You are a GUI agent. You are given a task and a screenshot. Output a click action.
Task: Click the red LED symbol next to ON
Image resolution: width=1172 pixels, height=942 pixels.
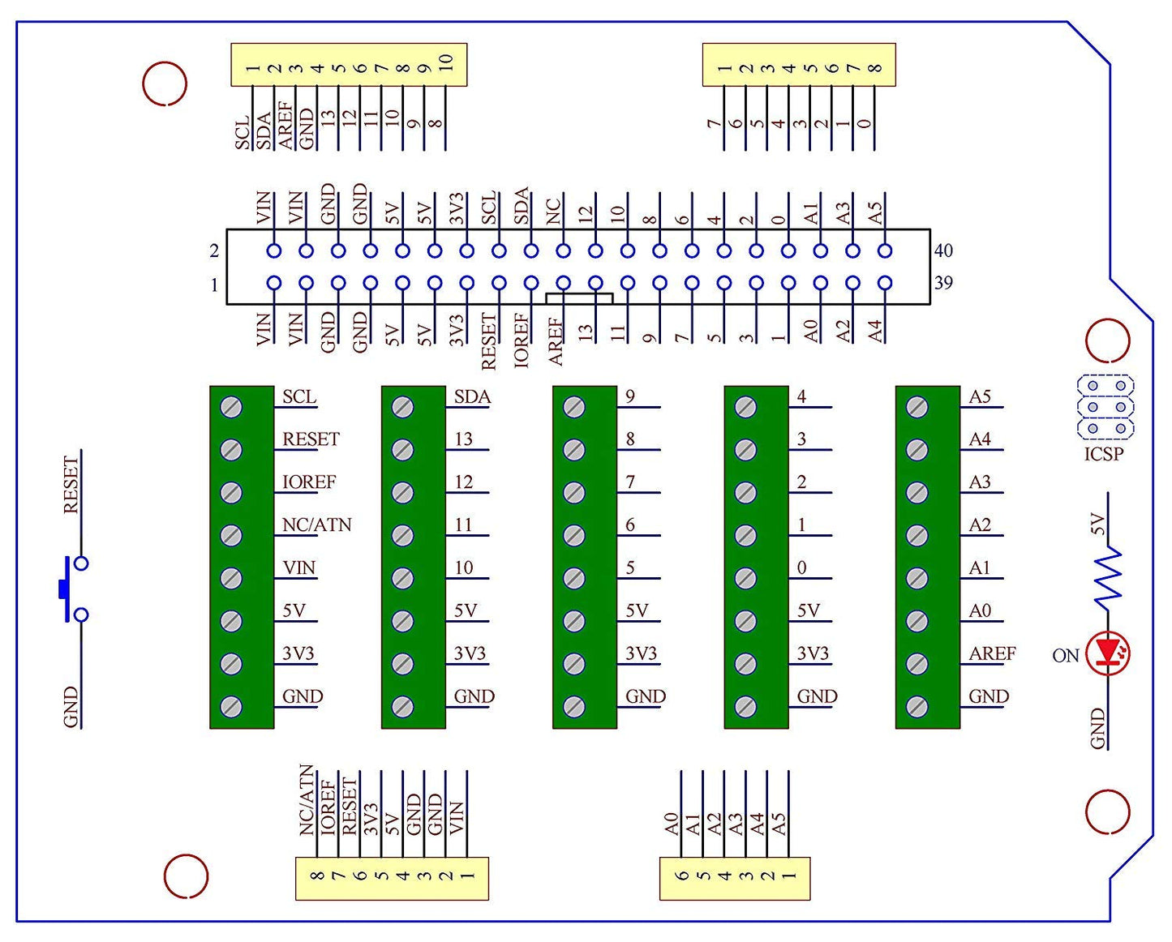1108,653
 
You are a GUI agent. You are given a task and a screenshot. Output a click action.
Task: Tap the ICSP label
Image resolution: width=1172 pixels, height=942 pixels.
1104,454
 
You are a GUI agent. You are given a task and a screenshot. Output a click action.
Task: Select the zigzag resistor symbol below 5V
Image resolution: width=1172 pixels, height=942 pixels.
1108,576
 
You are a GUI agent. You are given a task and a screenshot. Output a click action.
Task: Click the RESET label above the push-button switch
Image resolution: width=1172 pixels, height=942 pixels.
71,485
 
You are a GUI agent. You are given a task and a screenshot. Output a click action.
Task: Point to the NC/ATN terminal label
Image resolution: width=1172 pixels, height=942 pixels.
316,525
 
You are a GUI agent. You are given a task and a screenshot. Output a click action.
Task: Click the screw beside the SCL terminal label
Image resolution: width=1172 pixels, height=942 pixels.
231,407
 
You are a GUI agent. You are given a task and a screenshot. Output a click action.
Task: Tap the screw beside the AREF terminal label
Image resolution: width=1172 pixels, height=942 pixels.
917,664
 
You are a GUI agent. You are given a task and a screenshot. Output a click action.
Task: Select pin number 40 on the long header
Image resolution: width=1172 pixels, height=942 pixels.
942,250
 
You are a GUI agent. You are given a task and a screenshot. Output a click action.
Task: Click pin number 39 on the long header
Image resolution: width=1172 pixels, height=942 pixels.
942,283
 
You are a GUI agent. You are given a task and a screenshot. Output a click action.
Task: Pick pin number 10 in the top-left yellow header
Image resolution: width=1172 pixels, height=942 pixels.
445,63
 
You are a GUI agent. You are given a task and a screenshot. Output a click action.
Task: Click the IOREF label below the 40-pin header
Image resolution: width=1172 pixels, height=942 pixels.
522,340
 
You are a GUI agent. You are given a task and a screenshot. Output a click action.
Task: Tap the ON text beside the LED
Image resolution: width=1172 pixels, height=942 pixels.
1065,656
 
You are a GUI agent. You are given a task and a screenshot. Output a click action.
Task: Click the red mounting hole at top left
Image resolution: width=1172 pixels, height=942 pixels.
165,83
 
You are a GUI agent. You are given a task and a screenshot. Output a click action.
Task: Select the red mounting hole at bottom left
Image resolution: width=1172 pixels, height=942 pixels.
186,876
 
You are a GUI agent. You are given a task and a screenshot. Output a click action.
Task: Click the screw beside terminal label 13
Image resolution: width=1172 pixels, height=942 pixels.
403,450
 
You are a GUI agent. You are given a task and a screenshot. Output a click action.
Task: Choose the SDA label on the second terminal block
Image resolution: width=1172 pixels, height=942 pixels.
472,397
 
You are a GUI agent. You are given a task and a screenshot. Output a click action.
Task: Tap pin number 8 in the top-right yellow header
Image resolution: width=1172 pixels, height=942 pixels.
874,68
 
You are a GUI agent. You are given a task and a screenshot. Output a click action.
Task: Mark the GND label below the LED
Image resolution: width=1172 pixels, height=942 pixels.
1097,728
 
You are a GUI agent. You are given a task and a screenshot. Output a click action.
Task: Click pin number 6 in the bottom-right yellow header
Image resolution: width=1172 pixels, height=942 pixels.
682,876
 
